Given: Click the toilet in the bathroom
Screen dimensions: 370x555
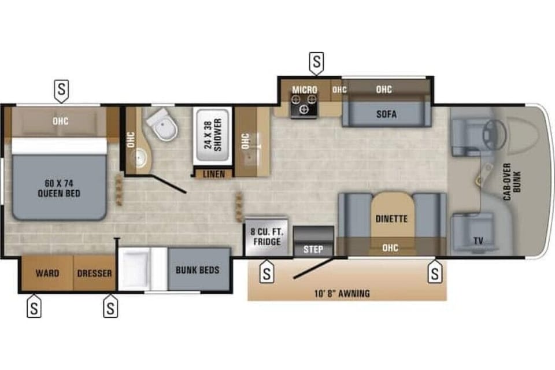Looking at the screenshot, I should [160, 127].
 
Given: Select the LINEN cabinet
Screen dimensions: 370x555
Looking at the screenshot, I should [209, 173].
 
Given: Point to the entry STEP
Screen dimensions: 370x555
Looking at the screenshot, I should [313, 250].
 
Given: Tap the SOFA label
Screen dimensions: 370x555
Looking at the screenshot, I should [386, 114].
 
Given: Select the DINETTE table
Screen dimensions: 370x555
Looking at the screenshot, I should [391, 219].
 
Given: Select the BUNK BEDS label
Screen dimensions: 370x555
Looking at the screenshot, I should [198, 270].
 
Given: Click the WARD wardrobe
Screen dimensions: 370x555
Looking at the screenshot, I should [47, 273].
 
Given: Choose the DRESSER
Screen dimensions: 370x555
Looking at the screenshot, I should [94, 273].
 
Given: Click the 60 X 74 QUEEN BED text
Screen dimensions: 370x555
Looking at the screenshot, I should [59, 188].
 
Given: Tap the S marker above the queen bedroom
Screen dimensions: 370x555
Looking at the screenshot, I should [62, 88].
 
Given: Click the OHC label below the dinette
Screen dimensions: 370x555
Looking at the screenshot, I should [391, 248].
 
